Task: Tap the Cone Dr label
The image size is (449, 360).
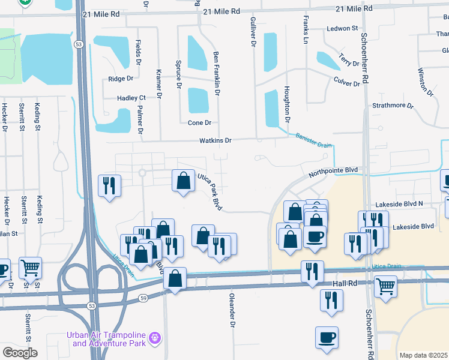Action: pyautogui.click(x=200, y=123)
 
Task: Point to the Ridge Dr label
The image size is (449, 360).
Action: pyautogui.click(x=119, y=79)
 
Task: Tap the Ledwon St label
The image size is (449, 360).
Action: pyautogui.click(x=342, y=28)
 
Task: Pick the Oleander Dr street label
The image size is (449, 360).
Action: pyautogui.click(x=232, y=310)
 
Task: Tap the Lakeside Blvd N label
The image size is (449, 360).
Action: pyautogui.click(x=399, y=204)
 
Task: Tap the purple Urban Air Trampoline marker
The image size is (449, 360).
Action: pyautogui.click(x=155, y=338)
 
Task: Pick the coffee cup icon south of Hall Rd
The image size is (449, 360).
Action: pyautogui.click(x=327, y=337)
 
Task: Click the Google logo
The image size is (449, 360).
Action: pyautogui.click(x=20, y=353)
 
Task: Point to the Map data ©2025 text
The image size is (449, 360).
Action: pyautogui.click(x=423, y=355)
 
